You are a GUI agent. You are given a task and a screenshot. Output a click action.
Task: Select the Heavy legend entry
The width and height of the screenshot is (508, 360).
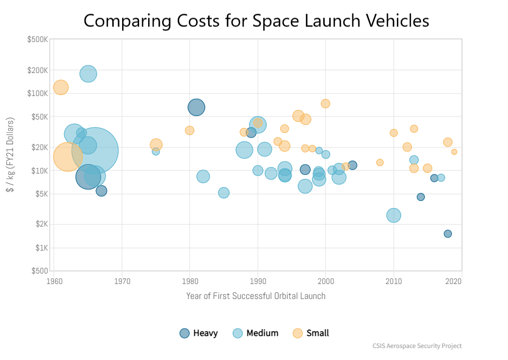click(x=199, y=333)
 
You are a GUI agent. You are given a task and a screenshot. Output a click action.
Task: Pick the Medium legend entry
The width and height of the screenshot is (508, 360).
click(x=255, y=333)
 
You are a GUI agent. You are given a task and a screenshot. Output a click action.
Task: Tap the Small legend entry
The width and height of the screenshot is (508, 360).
click(x=311, y=333)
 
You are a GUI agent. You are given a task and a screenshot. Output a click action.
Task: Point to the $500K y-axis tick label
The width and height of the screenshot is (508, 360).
click(x=38, y=39)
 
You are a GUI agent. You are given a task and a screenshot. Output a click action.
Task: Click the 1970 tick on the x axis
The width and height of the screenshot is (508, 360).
click(x=122, y=280)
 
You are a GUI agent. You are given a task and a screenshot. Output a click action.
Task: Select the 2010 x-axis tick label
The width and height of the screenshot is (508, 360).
click(x=394, y=280)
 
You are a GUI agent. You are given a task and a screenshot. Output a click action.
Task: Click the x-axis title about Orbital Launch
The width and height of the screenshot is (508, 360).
click(x=256, y=296)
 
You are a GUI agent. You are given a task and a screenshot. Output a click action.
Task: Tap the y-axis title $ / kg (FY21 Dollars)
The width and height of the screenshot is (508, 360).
click(x=10, y=155)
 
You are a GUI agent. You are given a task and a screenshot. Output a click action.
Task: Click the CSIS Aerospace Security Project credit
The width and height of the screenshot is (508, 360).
click(x=417, y=346)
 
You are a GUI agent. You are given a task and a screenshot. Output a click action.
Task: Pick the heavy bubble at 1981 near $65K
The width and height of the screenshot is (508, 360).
click(x=197, y=107)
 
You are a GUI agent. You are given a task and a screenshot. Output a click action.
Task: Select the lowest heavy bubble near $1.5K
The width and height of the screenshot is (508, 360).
click(x=448, y=233)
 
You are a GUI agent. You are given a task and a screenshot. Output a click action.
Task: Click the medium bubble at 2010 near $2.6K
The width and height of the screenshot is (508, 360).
click(x=394, y=215)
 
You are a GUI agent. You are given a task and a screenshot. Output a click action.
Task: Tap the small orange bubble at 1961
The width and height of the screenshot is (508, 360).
click(x=61, y=87)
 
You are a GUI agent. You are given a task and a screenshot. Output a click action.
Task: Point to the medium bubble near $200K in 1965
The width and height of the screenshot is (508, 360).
click(x=88, y=73)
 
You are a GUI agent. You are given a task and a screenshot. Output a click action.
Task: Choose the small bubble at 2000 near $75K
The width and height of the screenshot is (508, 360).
click(x=325, y=103)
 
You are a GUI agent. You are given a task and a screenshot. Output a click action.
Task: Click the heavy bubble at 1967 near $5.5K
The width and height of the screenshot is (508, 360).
click(x=102, y=190)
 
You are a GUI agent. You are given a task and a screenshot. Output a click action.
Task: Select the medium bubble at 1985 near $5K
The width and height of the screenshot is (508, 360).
click(x=224, y=192)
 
